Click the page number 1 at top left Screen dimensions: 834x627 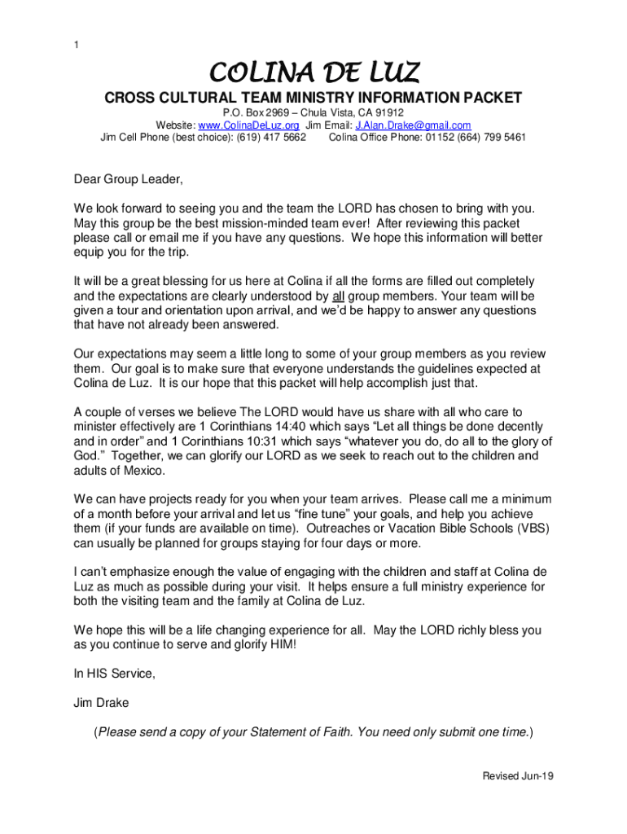coord(76,45)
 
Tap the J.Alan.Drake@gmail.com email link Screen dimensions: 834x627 coord(413,125)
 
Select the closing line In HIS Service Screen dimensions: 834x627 coord(114,674)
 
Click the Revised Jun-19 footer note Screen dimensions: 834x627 coord(518,776)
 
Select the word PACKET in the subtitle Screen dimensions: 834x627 coord(489,98)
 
